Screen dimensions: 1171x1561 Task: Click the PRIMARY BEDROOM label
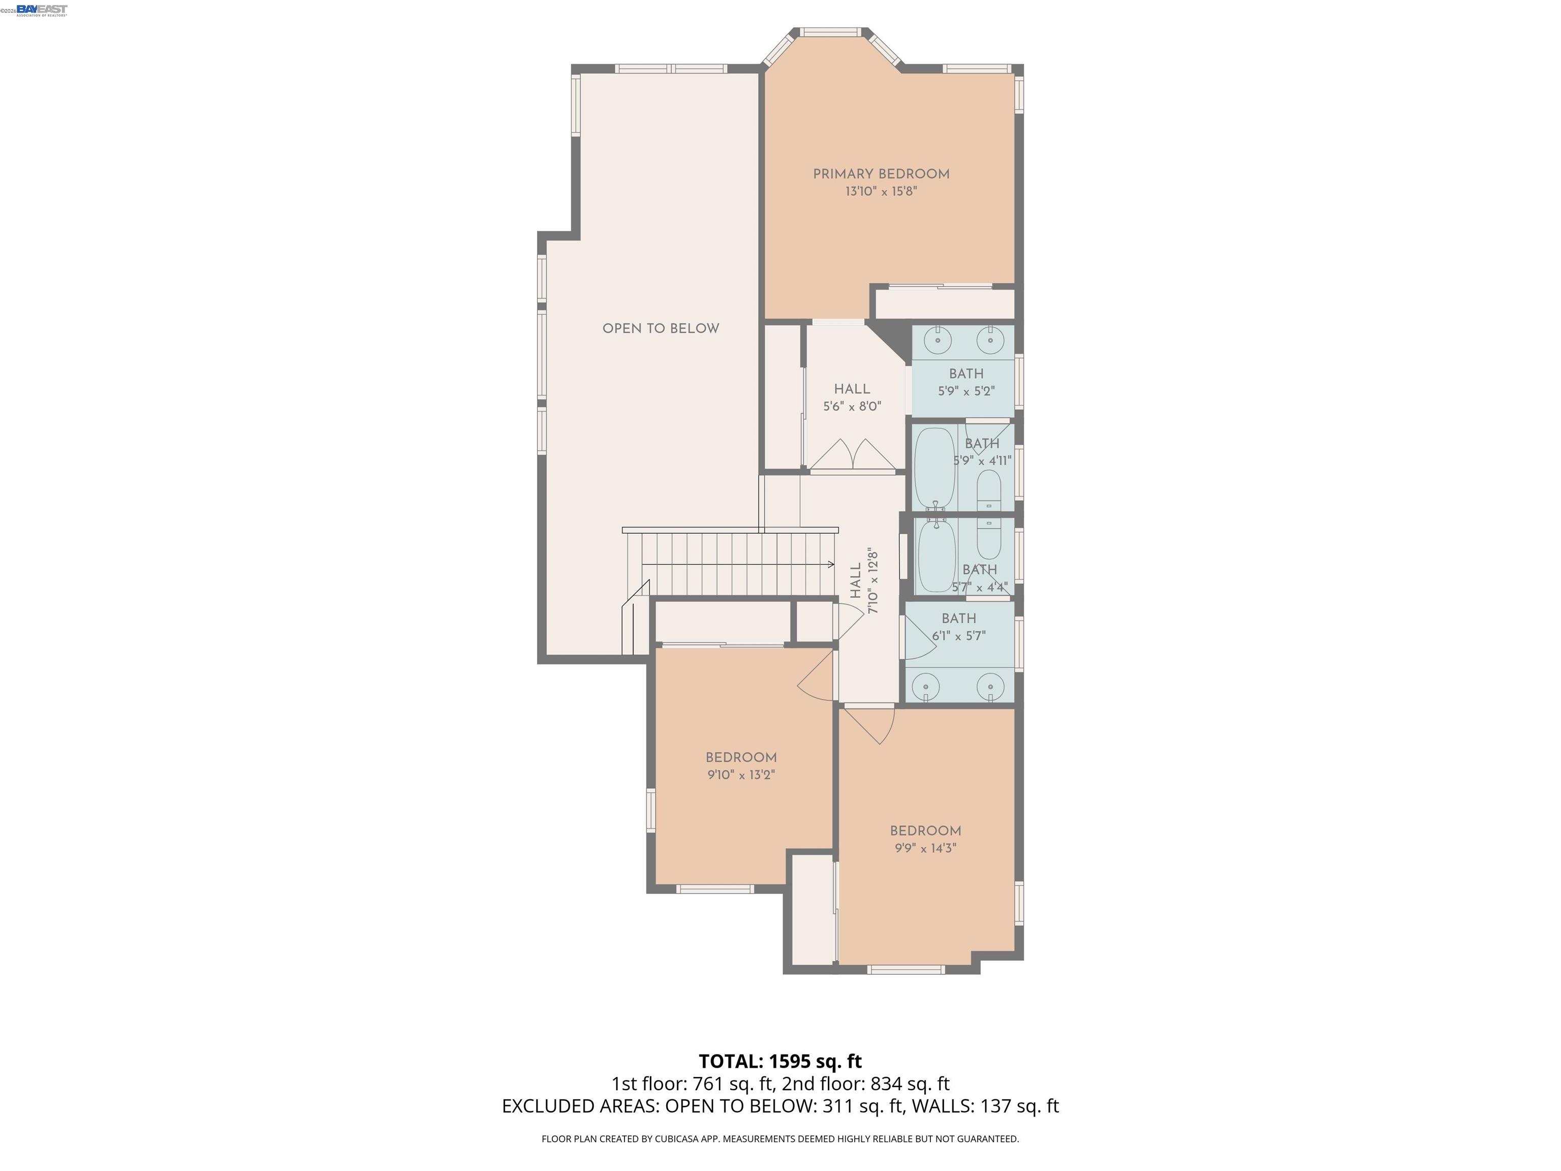point(881,174)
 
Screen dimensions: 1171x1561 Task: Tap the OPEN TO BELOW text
point(661,328)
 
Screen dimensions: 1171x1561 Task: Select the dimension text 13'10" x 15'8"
point(881,191)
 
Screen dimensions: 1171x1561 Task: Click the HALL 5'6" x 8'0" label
point(852,397)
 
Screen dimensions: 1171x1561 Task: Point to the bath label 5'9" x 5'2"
point(965,391)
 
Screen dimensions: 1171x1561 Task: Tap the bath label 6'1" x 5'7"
point(958,636)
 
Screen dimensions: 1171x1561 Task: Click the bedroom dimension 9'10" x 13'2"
point(741,775)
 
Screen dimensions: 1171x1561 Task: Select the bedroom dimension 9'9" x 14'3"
point(925,848)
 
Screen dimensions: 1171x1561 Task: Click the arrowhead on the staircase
point(831,564)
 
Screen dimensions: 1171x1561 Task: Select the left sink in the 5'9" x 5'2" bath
point(938,340)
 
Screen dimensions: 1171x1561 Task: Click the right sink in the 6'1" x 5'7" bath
point(991,686)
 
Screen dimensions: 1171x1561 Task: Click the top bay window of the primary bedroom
point(831,32)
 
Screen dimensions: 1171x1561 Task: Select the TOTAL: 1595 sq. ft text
point(780,1061)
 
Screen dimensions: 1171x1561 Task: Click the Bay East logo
point(42,9)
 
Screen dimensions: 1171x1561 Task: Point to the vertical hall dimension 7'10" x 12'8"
point(873,580)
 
